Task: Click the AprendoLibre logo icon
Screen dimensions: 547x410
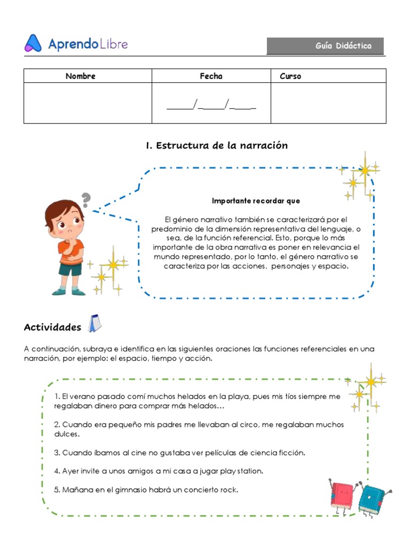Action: click(33, 43)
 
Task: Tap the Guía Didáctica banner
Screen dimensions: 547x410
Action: click(325, 46)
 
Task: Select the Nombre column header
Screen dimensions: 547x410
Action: click(80, 76)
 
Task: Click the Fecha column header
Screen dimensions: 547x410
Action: click(211, 76)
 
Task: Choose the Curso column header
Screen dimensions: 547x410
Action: click(290, 76)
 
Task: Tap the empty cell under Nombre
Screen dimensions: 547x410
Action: click(88, 103)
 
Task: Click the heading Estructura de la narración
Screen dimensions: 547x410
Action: click(216, 145)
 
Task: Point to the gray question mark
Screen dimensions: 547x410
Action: click(85, 200)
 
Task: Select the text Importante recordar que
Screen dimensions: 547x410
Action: click(256, 201)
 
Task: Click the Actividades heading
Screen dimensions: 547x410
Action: click(52, 327)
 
